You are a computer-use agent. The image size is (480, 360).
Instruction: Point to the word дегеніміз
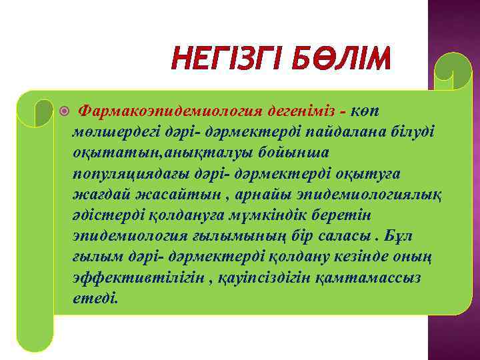(300, 109)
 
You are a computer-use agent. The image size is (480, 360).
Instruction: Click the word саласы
(340, 237)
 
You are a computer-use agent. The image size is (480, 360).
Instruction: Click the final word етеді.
(95, 299)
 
